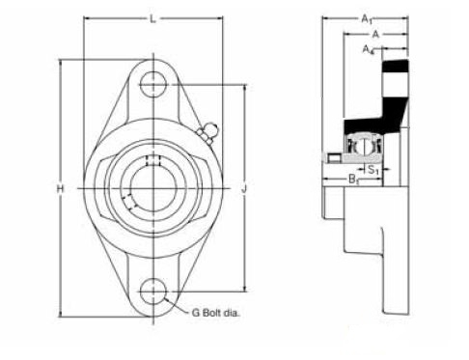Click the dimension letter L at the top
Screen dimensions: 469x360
(x=153, y=19)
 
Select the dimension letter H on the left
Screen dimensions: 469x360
(x=60, y=188)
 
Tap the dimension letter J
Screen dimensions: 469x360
(x=245, y=188)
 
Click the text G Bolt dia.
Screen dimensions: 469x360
(x=216, y=313)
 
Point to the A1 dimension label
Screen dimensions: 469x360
(x=367, y=19)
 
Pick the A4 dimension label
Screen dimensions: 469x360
(x=369, y=50)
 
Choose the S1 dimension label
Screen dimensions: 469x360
(x=373, y=169)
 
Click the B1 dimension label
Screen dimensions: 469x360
(x=354, y=180)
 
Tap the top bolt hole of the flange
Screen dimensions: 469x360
(x=153, y=84)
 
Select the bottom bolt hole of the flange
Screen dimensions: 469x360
(x=153, y=291)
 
